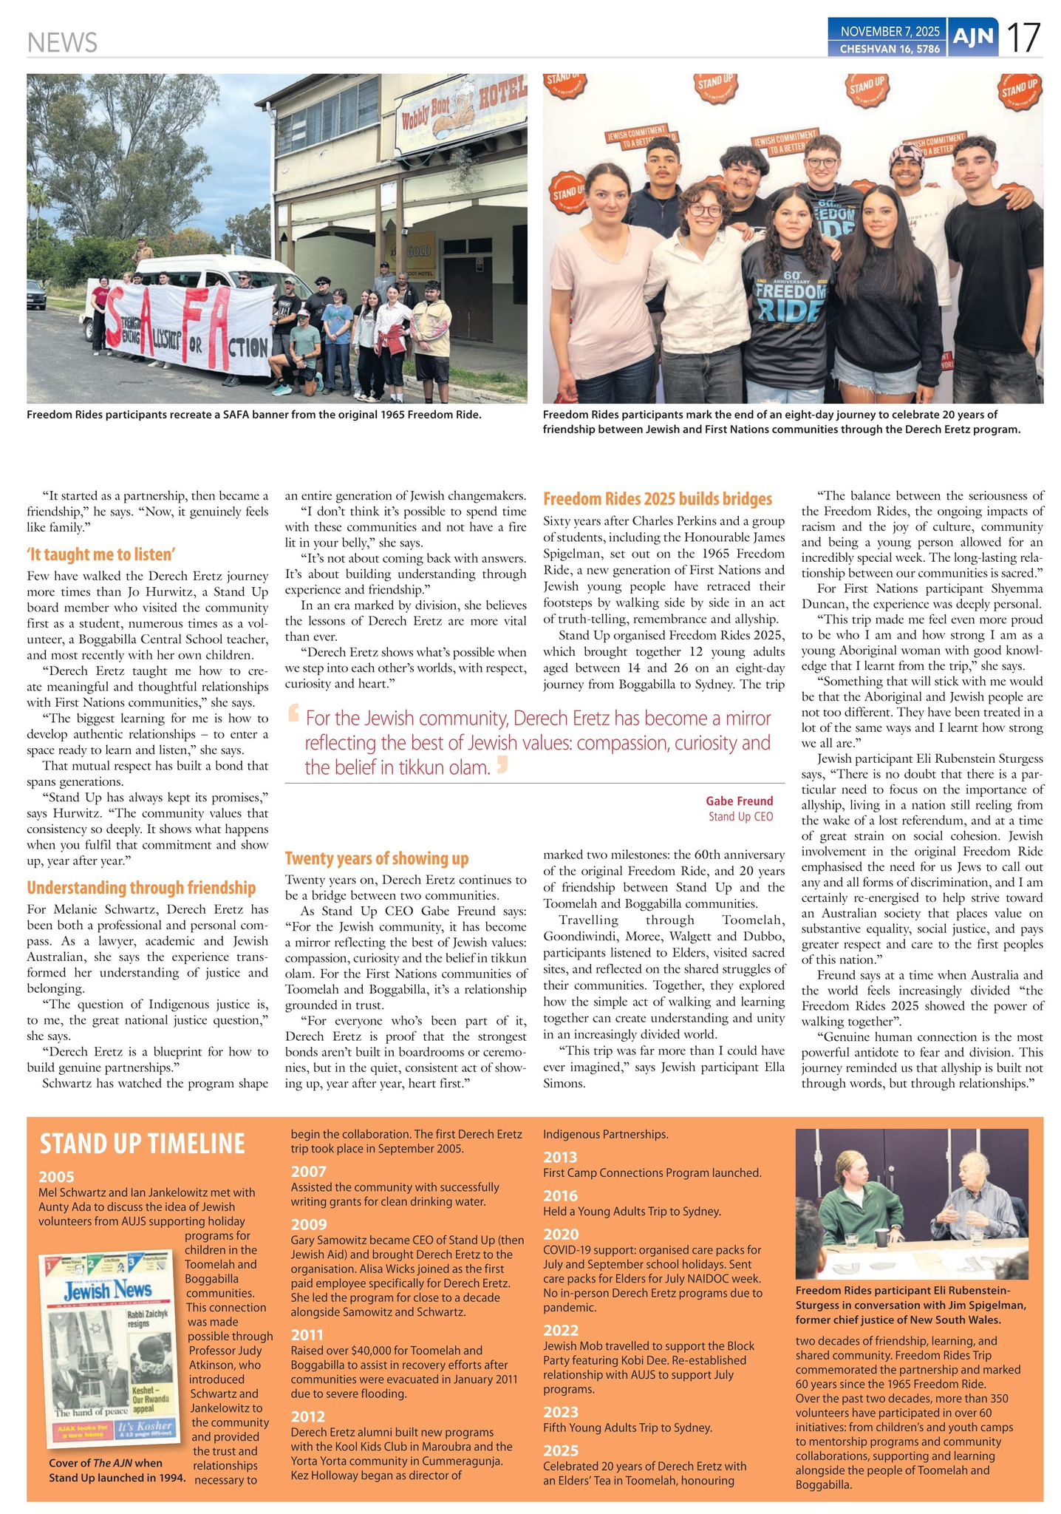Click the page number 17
tap(1024, 37)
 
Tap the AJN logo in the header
tap(972, 37)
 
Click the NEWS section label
tap(62, 42)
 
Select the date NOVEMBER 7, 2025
tap(890, 31)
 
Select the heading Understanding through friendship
tap(141, 888)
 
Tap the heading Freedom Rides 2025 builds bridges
tap(658, 499)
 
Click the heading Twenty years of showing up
tap(377, 858)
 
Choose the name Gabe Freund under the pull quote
tap(739, 801)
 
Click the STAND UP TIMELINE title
tap(142, 1144)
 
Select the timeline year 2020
tap(560, 1234)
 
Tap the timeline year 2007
tap(307, 1171)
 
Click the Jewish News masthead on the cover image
tap(108, 1291)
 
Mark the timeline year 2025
tap(560, 1450)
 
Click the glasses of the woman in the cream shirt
tap(705, 211)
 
